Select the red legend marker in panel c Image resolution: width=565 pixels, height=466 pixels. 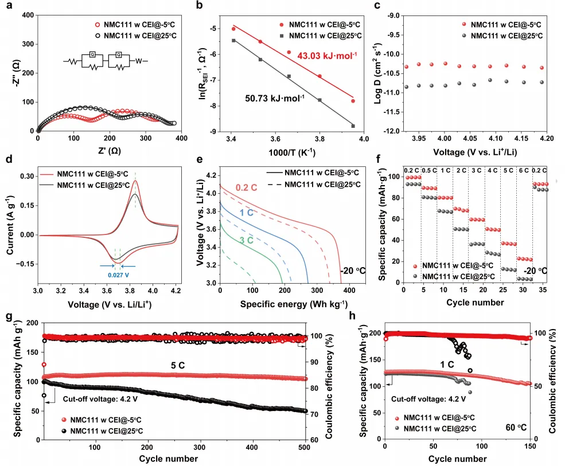pyautogui.click(x=463, y=25)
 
